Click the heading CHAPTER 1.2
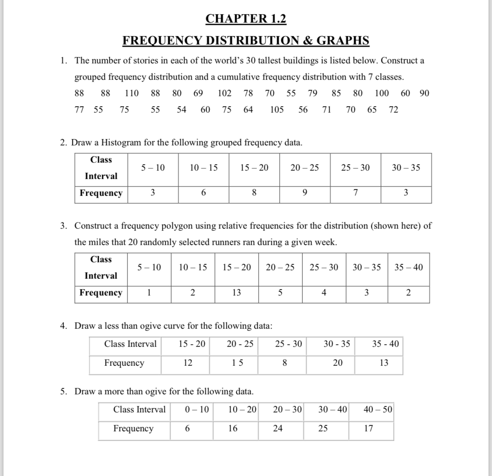click(x=246, y=19)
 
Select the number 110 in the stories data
click(x=132, y=93)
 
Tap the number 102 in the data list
click(x=224, y=93)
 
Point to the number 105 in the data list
click(x=277, y=110)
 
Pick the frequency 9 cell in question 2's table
click(x=304, y=193)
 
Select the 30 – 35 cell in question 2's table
click(x=406, y=168)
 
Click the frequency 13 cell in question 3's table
click(x=237, y=293)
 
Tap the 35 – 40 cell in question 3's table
click(x=409, y=267)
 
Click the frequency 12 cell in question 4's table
click(x=188, y=363)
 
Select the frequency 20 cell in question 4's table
click(x=338, y=363)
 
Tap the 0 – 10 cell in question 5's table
click(x=196, y=410)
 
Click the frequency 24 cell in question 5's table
click(x=278, y=428)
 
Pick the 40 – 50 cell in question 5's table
click(x=378, y=410)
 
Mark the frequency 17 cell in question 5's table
click(x=368, y=428)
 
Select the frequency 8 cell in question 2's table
click(x=254, y=193)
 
